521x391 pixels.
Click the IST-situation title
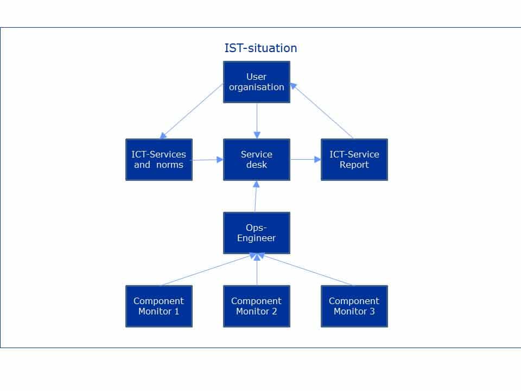coord(260,48)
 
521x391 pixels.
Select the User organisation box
coord(257,82)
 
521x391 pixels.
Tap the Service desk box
coord(257,160)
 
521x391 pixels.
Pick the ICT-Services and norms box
coord(159,160)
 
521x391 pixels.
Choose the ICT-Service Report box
coord(354,160)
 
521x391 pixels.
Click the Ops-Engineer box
coord(257,233)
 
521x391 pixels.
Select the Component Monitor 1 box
coord(159,306)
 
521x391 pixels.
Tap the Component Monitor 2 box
coord(257,306)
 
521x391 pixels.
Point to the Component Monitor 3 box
coord(354,306)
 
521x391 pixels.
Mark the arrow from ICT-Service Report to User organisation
coord(321,111)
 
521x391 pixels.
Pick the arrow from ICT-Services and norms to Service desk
coord(208,160)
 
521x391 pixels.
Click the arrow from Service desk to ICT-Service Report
coord(306,160)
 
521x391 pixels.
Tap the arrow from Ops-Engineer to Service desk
coord(256,196)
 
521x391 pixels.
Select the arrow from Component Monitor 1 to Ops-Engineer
coord(206,270)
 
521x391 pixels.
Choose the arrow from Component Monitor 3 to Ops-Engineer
coord(307,270)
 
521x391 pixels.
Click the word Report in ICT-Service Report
coord(354,165)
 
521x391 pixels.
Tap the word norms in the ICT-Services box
coord(170,165)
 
